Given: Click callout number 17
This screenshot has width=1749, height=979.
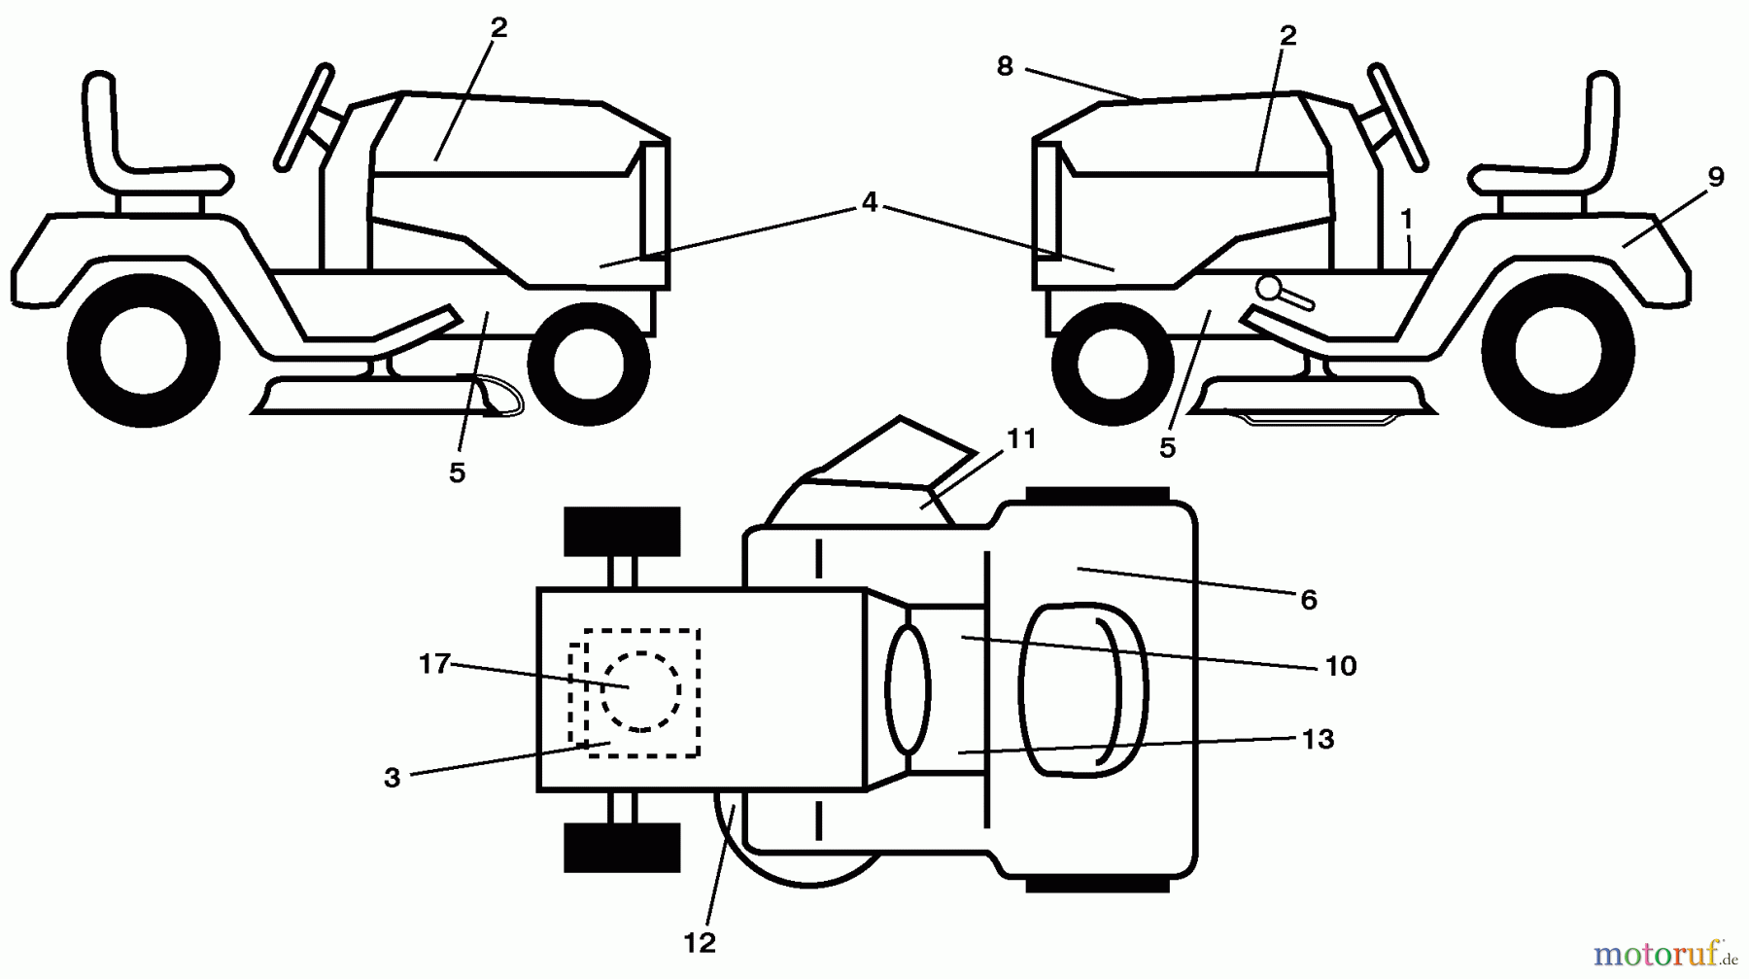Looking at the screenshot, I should coord(434,664).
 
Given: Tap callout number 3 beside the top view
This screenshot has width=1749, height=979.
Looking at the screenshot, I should coord(392,778).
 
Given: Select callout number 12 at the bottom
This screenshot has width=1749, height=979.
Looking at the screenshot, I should coord(700,942).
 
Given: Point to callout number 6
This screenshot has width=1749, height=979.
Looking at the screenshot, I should coord(1308,600).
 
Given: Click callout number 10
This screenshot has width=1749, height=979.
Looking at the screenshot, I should coord(1340,666).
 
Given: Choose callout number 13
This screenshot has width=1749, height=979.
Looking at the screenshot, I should coord(1318,739).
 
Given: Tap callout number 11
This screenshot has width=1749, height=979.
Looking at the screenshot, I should coord(1020,439).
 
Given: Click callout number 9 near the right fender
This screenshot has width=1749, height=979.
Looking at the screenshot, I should coord(1715,177).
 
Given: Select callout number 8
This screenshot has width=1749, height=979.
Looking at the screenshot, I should coord(1005,66).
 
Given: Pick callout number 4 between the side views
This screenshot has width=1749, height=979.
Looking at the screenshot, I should coord(869,202).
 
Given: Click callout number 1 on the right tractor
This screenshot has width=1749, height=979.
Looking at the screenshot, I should coord(1406,220).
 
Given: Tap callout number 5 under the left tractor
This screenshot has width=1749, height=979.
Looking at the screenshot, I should coord(457,472).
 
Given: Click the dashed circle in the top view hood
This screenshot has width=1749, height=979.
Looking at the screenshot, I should coord(639,691).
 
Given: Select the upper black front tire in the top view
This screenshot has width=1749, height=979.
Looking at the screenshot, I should coord(622,532).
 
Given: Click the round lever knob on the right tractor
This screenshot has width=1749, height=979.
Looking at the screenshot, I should coord(1268,287).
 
